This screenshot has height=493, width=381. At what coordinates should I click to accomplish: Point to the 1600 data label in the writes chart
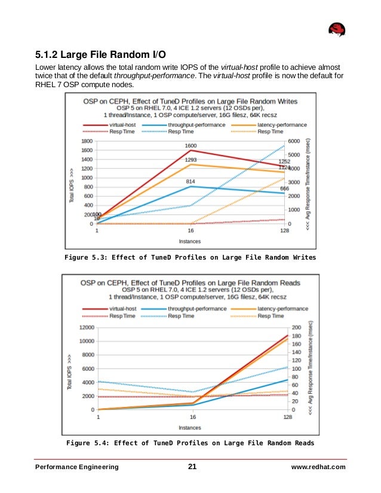(x=190, y=146)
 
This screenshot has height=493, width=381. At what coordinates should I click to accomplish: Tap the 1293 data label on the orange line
(x=190, y=160)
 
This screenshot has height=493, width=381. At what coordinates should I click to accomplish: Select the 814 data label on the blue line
(x=190, y=181)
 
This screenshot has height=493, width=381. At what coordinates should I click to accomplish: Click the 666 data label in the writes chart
(x=284, y=189)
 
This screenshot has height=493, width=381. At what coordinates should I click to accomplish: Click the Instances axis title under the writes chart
(x=190, y=242)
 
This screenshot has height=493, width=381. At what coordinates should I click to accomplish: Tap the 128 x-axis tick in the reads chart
(x=287, y=417)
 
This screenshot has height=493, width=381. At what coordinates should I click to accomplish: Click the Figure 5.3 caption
(x=190, y=258)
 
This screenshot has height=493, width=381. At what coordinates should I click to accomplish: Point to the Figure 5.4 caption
(x=190, y=443)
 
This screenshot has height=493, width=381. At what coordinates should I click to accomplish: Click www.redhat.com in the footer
(x=318, y=467)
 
